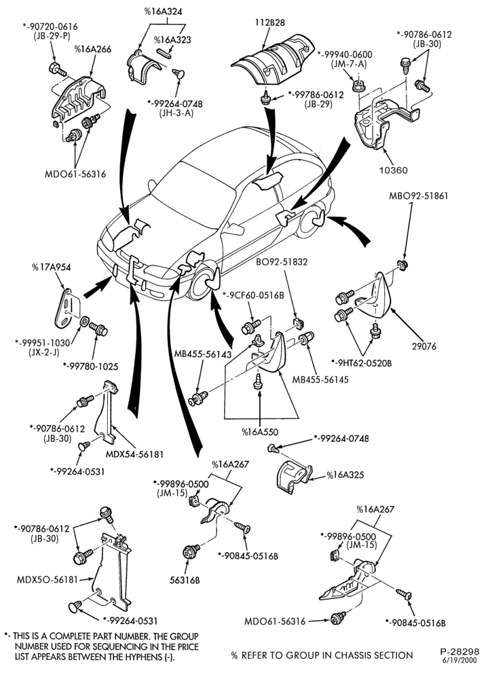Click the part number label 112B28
(x=270, y=22)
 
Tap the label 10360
(x=394, y=170)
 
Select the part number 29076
(x=424, y=346)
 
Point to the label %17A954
(x=51, y=267)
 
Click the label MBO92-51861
(x=419, y=196)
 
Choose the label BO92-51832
(x=282, y=261)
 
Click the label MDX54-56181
(x=134, y=454)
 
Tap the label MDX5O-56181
(x=46, y=579)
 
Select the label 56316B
(x=185, y=580)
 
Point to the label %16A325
(x=345, y=475)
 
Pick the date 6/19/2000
(x=460, y=661)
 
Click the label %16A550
(x=260, y=432)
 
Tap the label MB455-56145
(x=320, y=380)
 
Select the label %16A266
(x=92, y=49)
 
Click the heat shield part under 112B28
(x=272, y=58)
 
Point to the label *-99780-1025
(x=90, y=367)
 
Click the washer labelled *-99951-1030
(x=85, y=321)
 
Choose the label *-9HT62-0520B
(x=361, y=363)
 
